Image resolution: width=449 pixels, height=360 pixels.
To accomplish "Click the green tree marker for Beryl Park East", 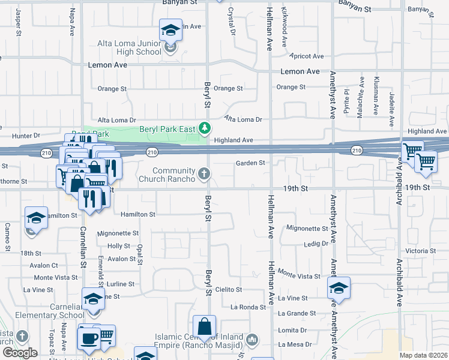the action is [x=205, y=128].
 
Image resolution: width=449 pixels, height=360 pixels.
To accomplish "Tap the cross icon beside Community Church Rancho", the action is [x=204, y=174].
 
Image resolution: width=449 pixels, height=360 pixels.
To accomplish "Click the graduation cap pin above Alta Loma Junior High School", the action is [x=170, y=30].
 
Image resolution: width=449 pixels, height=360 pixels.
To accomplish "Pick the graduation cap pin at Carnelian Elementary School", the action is [x=93, y=299].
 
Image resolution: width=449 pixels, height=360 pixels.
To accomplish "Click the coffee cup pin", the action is [x=89, y=337].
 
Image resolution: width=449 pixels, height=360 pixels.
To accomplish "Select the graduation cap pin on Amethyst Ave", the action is [x=339, y=288].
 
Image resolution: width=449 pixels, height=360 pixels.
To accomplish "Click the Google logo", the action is [x=20, y=352].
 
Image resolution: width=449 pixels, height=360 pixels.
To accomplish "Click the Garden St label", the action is [x=250, y=163].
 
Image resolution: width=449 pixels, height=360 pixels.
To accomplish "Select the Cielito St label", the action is [x=228, y=289].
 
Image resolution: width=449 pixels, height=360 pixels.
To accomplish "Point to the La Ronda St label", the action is [x=248, y=307].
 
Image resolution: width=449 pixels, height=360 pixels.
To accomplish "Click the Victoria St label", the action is [x=420, y=251].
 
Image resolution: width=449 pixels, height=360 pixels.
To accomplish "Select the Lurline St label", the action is [x=121, y=284].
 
